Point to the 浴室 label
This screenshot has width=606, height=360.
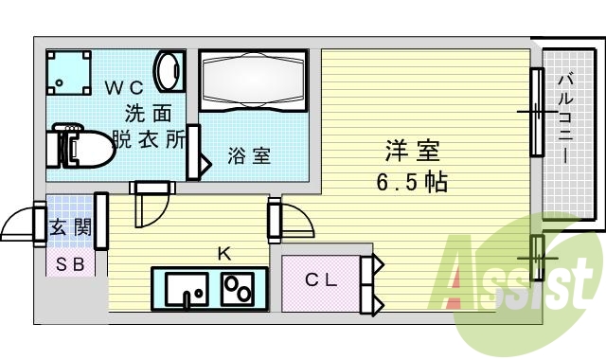(x=249, y=156)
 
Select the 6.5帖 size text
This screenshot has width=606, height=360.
(x=411, y=180)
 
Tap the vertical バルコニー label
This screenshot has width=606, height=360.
(x=564, y=118)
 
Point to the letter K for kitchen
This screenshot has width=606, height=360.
(x=223, y=253)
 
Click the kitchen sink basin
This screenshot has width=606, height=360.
(x=186, y=288)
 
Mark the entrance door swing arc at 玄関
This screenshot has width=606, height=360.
(x=24, y=225)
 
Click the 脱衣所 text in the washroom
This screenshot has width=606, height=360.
(x=150, y=137)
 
